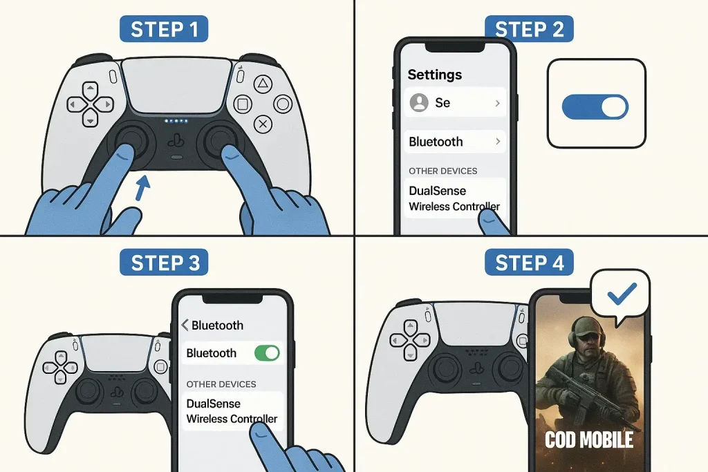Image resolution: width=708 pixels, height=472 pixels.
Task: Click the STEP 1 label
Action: pos(164,29)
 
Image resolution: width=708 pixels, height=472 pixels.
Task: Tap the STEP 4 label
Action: pos(529,262)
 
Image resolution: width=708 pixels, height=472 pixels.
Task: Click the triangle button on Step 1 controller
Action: pos(263,84)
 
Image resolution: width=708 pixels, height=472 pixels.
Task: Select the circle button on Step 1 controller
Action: pos(283,104)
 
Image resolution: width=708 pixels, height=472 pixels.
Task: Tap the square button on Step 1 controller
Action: pos(243,104)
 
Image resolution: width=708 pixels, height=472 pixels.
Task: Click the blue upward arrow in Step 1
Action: pos(142,188)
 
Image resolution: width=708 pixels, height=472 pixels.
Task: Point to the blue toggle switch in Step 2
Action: pos(595,107)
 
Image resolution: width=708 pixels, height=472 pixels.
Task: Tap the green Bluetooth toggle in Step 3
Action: pos(267,353)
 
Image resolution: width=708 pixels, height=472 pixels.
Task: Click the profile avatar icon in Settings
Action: pos(419,103)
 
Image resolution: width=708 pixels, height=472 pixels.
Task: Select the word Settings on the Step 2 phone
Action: pos(434,75)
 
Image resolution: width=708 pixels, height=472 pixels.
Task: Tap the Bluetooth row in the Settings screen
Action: pos(455,142)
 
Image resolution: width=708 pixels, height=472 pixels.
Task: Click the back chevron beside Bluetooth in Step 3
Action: pos(185,325)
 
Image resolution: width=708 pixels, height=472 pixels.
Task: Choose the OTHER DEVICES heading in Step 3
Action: pos(221,384)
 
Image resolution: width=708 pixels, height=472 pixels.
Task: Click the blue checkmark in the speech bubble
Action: pos(622,293)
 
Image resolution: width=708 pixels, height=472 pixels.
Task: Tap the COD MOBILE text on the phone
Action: pos(589,440)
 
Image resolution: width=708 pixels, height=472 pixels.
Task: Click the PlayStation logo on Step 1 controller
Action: pos(176,141)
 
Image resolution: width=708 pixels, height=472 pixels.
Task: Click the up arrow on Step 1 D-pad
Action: pos(91,88)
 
